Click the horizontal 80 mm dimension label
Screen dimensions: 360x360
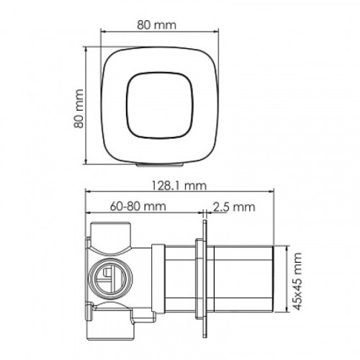tap(156, 24)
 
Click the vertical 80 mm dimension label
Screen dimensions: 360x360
tap(78, 109)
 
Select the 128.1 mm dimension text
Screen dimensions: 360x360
tap(179, 186)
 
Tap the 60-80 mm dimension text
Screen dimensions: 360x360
tap(138, 206)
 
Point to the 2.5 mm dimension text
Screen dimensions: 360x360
tap(234, 207)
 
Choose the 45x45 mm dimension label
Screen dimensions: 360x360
tap(297, 281)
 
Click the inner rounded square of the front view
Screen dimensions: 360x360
tap(160, 105)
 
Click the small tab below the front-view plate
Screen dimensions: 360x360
tap(160, 164)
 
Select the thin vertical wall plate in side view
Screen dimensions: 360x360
tap(204, 279)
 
